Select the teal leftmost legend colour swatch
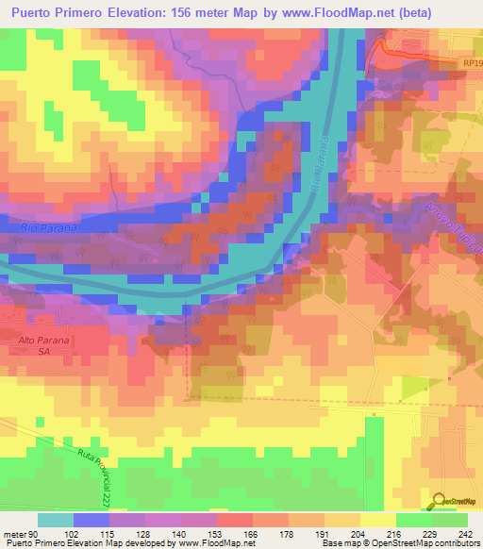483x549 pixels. point(55,519)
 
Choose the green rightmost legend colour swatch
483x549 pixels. point(450,519)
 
